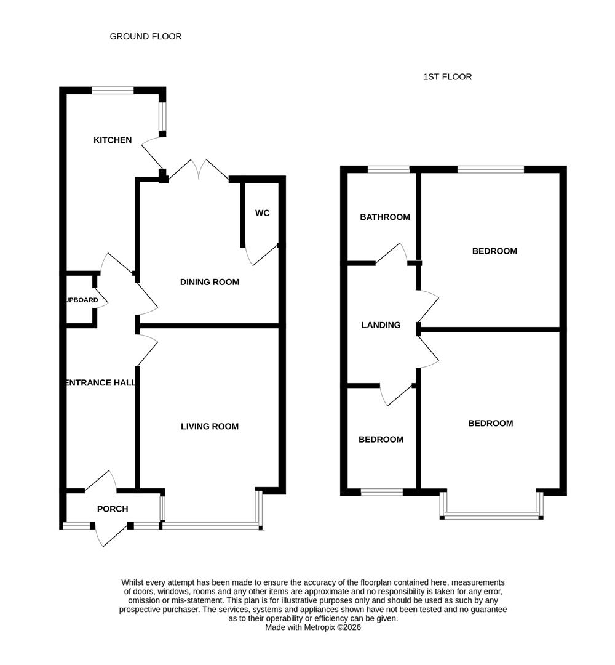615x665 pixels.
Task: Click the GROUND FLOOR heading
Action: click(x=146, y=36)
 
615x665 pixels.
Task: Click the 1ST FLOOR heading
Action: click(x=447, y=77)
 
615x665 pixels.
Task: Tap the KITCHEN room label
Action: click(x=113, y=140)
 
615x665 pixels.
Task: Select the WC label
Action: click(x=263, y=213)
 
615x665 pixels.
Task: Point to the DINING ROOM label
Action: click(x=209, y=282)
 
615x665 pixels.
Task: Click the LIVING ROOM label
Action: click(x=209, y=426)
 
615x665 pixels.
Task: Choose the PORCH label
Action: click(x=113, y=509)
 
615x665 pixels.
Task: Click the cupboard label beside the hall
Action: click(x=81, y=300)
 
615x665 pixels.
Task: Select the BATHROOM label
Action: click(x=385, y=217)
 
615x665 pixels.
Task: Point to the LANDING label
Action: click(x=381, y=325)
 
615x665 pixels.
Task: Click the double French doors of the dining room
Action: click(x=198, y=169)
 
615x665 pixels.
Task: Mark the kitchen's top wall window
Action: click(x=113, y=91)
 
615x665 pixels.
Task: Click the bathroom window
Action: click(x=389, y=169)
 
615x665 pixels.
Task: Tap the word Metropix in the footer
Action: click(x=324, y=627)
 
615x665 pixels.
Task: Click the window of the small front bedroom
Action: click(x=381, y=491)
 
